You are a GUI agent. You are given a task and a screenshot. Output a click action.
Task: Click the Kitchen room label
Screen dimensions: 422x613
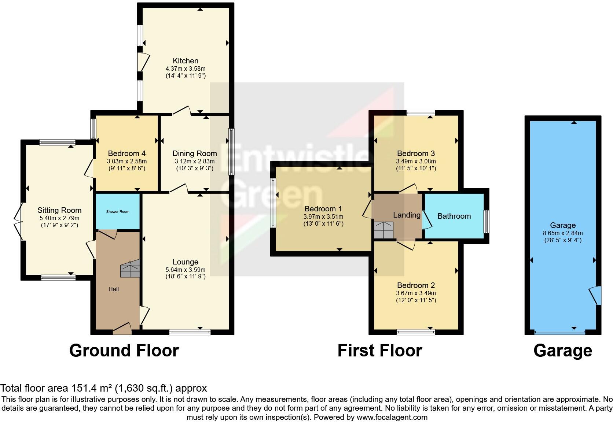point(186,61)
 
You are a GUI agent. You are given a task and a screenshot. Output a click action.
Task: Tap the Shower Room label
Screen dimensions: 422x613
point(118,212)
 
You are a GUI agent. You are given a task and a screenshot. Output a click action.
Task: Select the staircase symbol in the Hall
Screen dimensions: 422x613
point(130,270)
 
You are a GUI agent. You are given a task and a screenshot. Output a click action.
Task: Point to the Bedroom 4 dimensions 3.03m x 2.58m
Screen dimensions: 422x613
point(127,161)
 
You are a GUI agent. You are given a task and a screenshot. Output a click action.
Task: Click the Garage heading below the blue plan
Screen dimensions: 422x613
point(562,351)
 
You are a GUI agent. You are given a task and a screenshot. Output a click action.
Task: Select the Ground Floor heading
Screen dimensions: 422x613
point(124,351)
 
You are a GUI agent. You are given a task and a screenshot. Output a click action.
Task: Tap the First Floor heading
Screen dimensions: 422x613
point(379,351)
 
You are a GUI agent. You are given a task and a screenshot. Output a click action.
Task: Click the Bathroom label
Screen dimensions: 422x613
point(454,216)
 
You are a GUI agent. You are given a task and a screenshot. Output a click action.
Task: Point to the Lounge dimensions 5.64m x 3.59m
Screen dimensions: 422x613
point(186,270)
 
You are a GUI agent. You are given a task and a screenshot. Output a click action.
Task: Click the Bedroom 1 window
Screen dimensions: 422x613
point(273,203)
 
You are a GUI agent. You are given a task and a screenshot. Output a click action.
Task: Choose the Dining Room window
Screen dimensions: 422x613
point(231,152)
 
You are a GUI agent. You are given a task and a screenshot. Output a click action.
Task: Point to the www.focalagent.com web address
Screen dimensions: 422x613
point(392,417)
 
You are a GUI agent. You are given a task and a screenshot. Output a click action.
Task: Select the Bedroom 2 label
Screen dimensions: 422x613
point(416,285)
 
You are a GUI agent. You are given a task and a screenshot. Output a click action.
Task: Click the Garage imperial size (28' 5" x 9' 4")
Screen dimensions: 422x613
point(562,240)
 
